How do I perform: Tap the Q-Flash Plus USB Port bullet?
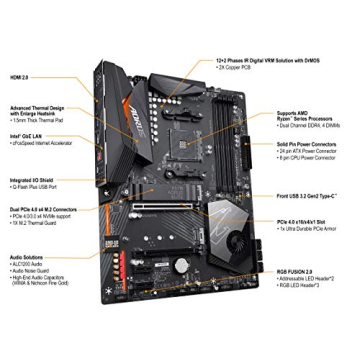tap(39, 185)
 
